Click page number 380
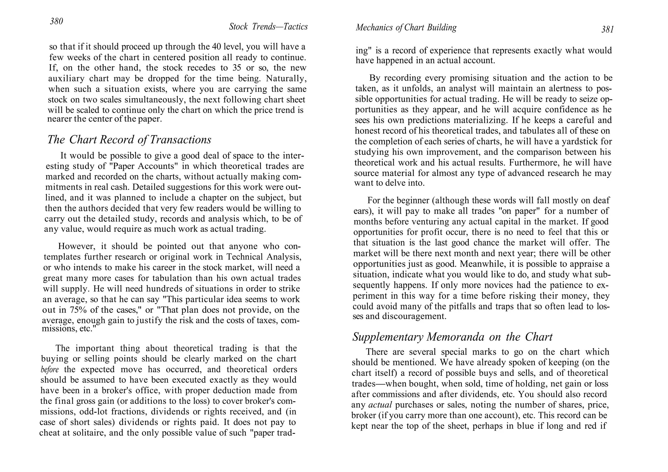pyautogui.click(x=56, y=22)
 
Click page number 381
pyautogui.click(x=608, y=30)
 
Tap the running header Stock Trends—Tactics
pyautogui.click(x=268, y=27)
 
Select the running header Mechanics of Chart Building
pyautogui.click(x=406, y=28)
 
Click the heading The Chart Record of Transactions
pyautogui.click(x=129, y=140)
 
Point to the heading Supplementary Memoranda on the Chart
pyautogui.click(x=452, y=337)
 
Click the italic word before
pyautogui.click(x=50, y=370)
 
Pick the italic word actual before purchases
pyautogui.click(x=380, y=405)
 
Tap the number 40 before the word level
pyautogui.click(x=217, y=47)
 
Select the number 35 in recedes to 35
pyautogui.click(x=237, y=68)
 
